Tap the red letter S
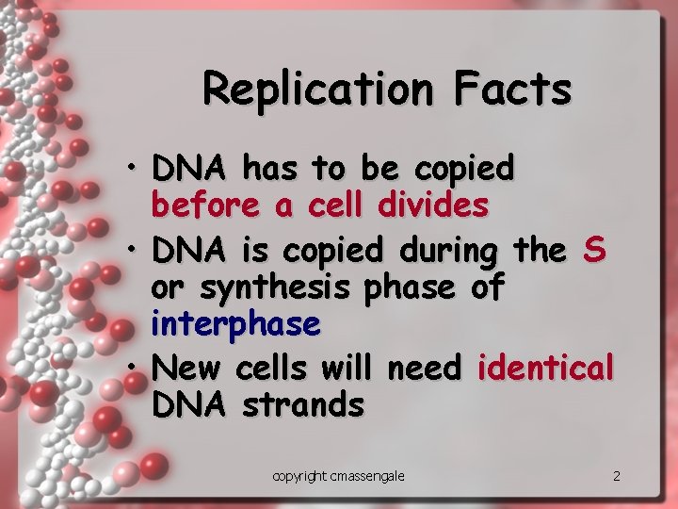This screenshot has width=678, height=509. pos(594,251)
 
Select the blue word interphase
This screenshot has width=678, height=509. pos(235,324)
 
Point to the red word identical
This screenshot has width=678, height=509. pos(546,366)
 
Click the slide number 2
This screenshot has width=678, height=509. pos(617,476)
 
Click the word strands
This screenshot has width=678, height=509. pos(302,405)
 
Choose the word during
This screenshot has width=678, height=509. pos(448,251)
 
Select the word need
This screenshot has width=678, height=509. pos(428,366)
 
